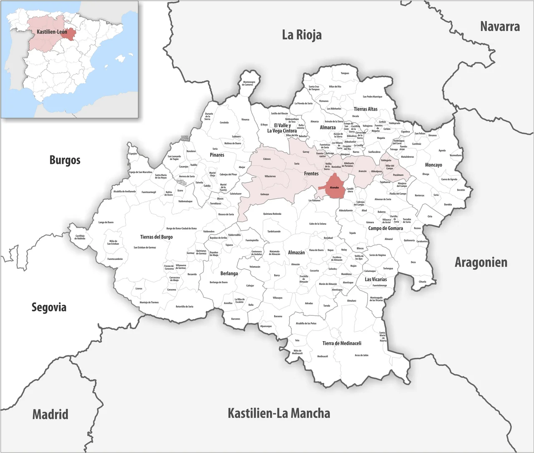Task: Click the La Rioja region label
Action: tap(302, 35)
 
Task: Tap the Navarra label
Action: tap(499, 27)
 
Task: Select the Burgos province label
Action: tap(65, 160)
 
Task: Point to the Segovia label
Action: tap(49, 307)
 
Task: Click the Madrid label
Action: tap(50, 414)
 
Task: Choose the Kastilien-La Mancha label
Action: tap(279, 413)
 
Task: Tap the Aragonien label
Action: tap(481, 262)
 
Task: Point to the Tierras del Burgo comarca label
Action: tap(156, 237)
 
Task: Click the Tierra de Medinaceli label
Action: tap(342, 343)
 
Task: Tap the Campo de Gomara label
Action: tap(385, 228)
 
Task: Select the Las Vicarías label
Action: tap(375, 279)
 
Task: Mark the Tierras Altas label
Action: tap(365, 109)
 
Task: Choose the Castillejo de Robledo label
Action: tap(80, 237)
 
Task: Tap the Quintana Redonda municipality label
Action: tap(272, 214)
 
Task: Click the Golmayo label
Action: tap(264, 194)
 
